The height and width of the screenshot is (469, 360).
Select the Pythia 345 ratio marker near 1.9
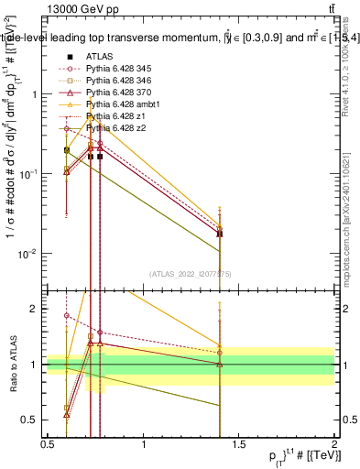(x=67, y=315)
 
